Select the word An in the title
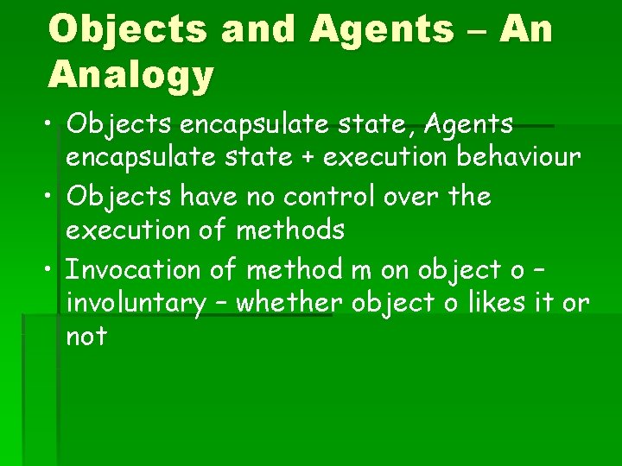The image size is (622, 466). pos(526,30)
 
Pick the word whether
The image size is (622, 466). pos(289,303)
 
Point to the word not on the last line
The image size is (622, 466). pos(86,337)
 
